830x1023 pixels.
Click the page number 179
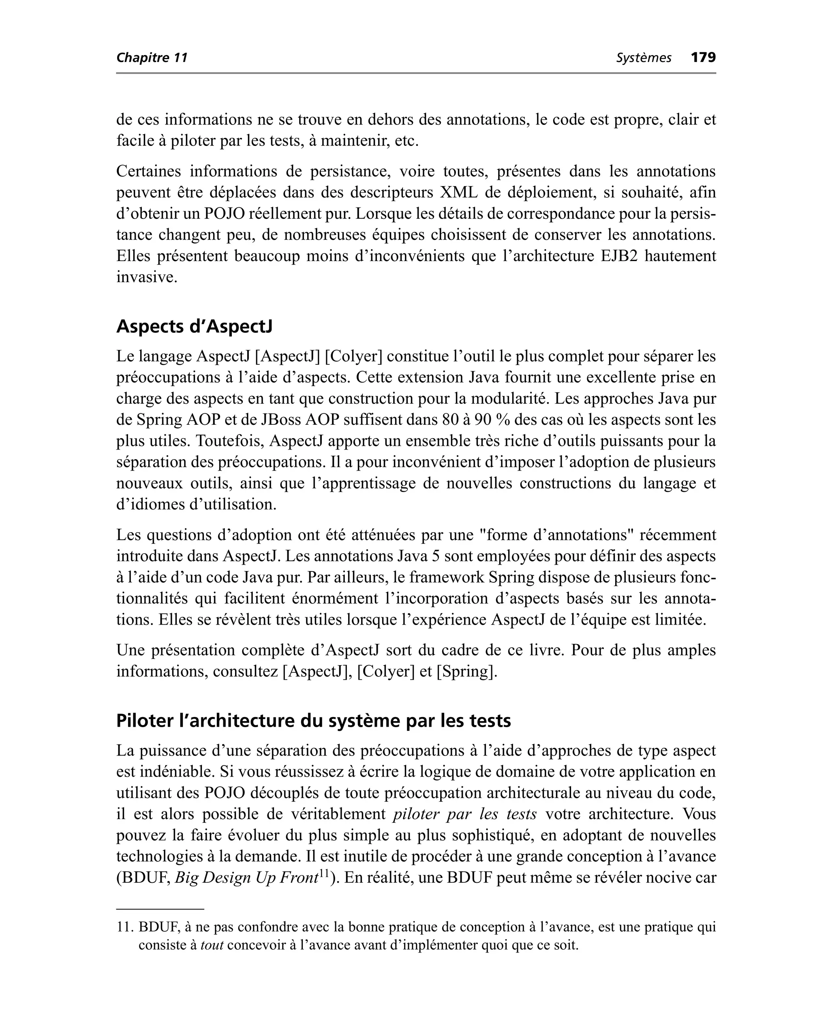click(703, 58)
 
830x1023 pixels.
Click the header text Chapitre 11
click(152, 58)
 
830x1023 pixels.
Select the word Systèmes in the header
click(643, 58)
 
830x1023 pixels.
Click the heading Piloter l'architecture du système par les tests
click(313, 720)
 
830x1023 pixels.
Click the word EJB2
click(617, 256)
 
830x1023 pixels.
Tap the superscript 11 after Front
click(324, 873)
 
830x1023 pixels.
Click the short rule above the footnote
click(160, 909)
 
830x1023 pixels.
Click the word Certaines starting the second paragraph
click(149, 171)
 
